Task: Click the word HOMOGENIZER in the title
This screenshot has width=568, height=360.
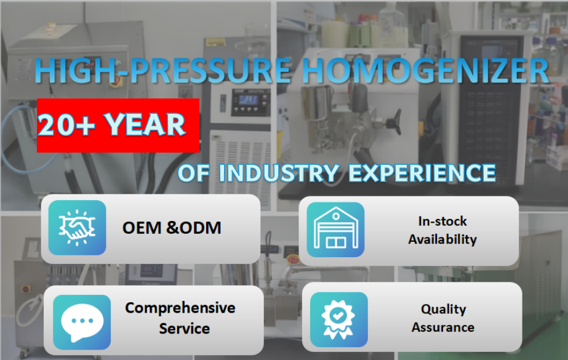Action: [x=425, y=70]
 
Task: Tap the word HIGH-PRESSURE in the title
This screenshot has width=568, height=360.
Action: [x=163, y=70]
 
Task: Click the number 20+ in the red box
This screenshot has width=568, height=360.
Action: [x=66, y=125]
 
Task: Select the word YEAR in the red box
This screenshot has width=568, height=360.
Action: [x=145, y=125]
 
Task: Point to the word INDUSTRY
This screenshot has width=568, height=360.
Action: [x=279, y=173]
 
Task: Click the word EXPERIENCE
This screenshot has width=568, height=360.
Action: [x=422, y=173]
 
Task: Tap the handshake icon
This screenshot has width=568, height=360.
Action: [x=77, y=228]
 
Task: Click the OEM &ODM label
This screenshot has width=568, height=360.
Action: [x=172, y=228]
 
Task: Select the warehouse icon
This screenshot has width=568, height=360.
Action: [x=335, y=230]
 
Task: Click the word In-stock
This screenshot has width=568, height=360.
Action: [x=442, y=221]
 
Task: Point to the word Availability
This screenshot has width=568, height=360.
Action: [x=442, y=239]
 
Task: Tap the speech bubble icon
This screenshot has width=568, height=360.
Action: [x=82, y=322]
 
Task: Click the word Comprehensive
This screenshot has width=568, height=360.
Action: [x=180, y=308]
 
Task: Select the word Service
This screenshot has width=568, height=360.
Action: [x=185, y=329]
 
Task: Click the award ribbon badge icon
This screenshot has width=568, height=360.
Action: [x=338, y=319]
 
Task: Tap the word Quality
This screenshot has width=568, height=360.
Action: [x=444, y=310]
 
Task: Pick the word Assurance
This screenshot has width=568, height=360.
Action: [x=443, y=327]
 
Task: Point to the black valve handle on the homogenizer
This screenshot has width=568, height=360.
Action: [x=394, y=120]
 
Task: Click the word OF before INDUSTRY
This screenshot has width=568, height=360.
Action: [x=193, y=173]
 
